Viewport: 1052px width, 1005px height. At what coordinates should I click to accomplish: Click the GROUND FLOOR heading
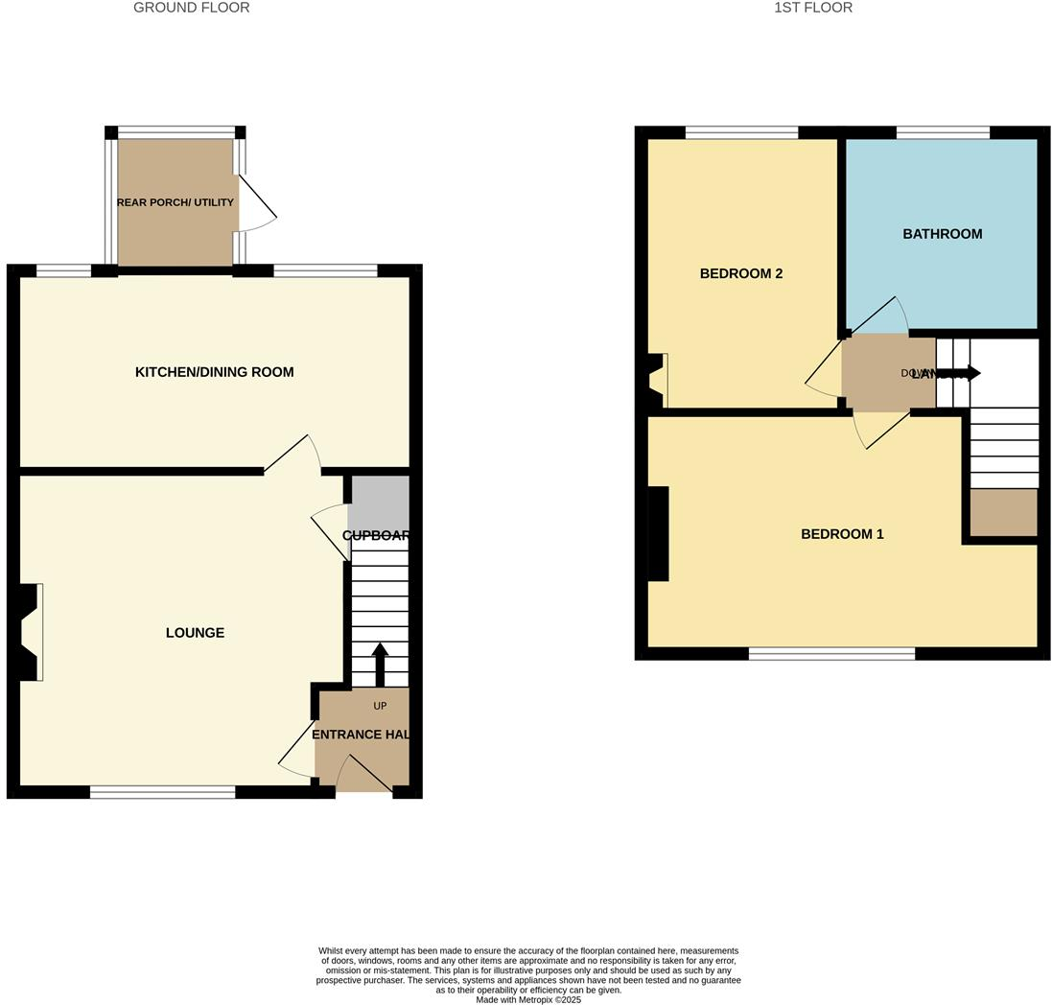(x=191, y=8)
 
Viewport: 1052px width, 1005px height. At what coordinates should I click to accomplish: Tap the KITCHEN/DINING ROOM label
(x=214, y=372)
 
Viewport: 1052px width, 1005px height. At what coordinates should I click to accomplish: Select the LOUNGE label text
(x=195, y=633)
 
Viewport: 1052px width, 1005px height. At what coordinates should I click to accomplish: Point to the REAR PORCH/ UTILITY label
(x=175, y=202)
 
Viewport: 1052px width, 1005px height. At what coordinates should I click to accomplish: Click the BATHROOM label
(x=942, y=234)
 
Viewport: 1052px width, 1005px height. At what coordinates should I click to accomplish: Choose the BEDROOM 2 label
(x=740, y=273)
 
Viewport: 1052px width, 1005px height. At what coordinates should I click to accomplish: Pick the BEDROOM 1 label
(x=842, y=534)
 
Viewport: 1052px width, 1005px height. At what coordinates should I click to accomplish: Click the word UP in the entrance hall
(x=380, y=706)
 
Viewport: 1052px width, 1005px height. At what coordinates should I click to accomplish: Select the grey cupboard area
(x=380, y=503)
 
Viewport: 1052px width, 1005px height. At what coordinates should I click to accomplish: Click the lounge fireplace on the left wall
(x=29, y=633)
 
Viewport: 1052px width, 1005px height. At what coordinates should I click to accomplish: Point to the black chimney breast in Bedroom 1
(x=658, y=534)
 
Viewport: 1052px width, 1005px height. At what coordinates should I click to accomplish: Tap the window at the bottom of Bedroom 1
(x=831, y=654)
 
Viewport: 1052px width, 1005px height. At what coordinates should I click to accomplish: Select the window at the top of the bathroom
(x=943, y=132)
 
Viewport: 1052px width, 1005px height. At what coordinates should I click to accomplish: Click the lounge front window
(x=162, y=792)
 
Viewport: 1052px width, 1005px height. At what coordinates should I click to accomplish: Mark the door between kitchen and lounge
(x=292, y=456)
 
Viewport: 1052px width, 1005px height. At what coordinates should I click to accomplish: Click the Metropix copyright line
(x=528, y=999)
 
